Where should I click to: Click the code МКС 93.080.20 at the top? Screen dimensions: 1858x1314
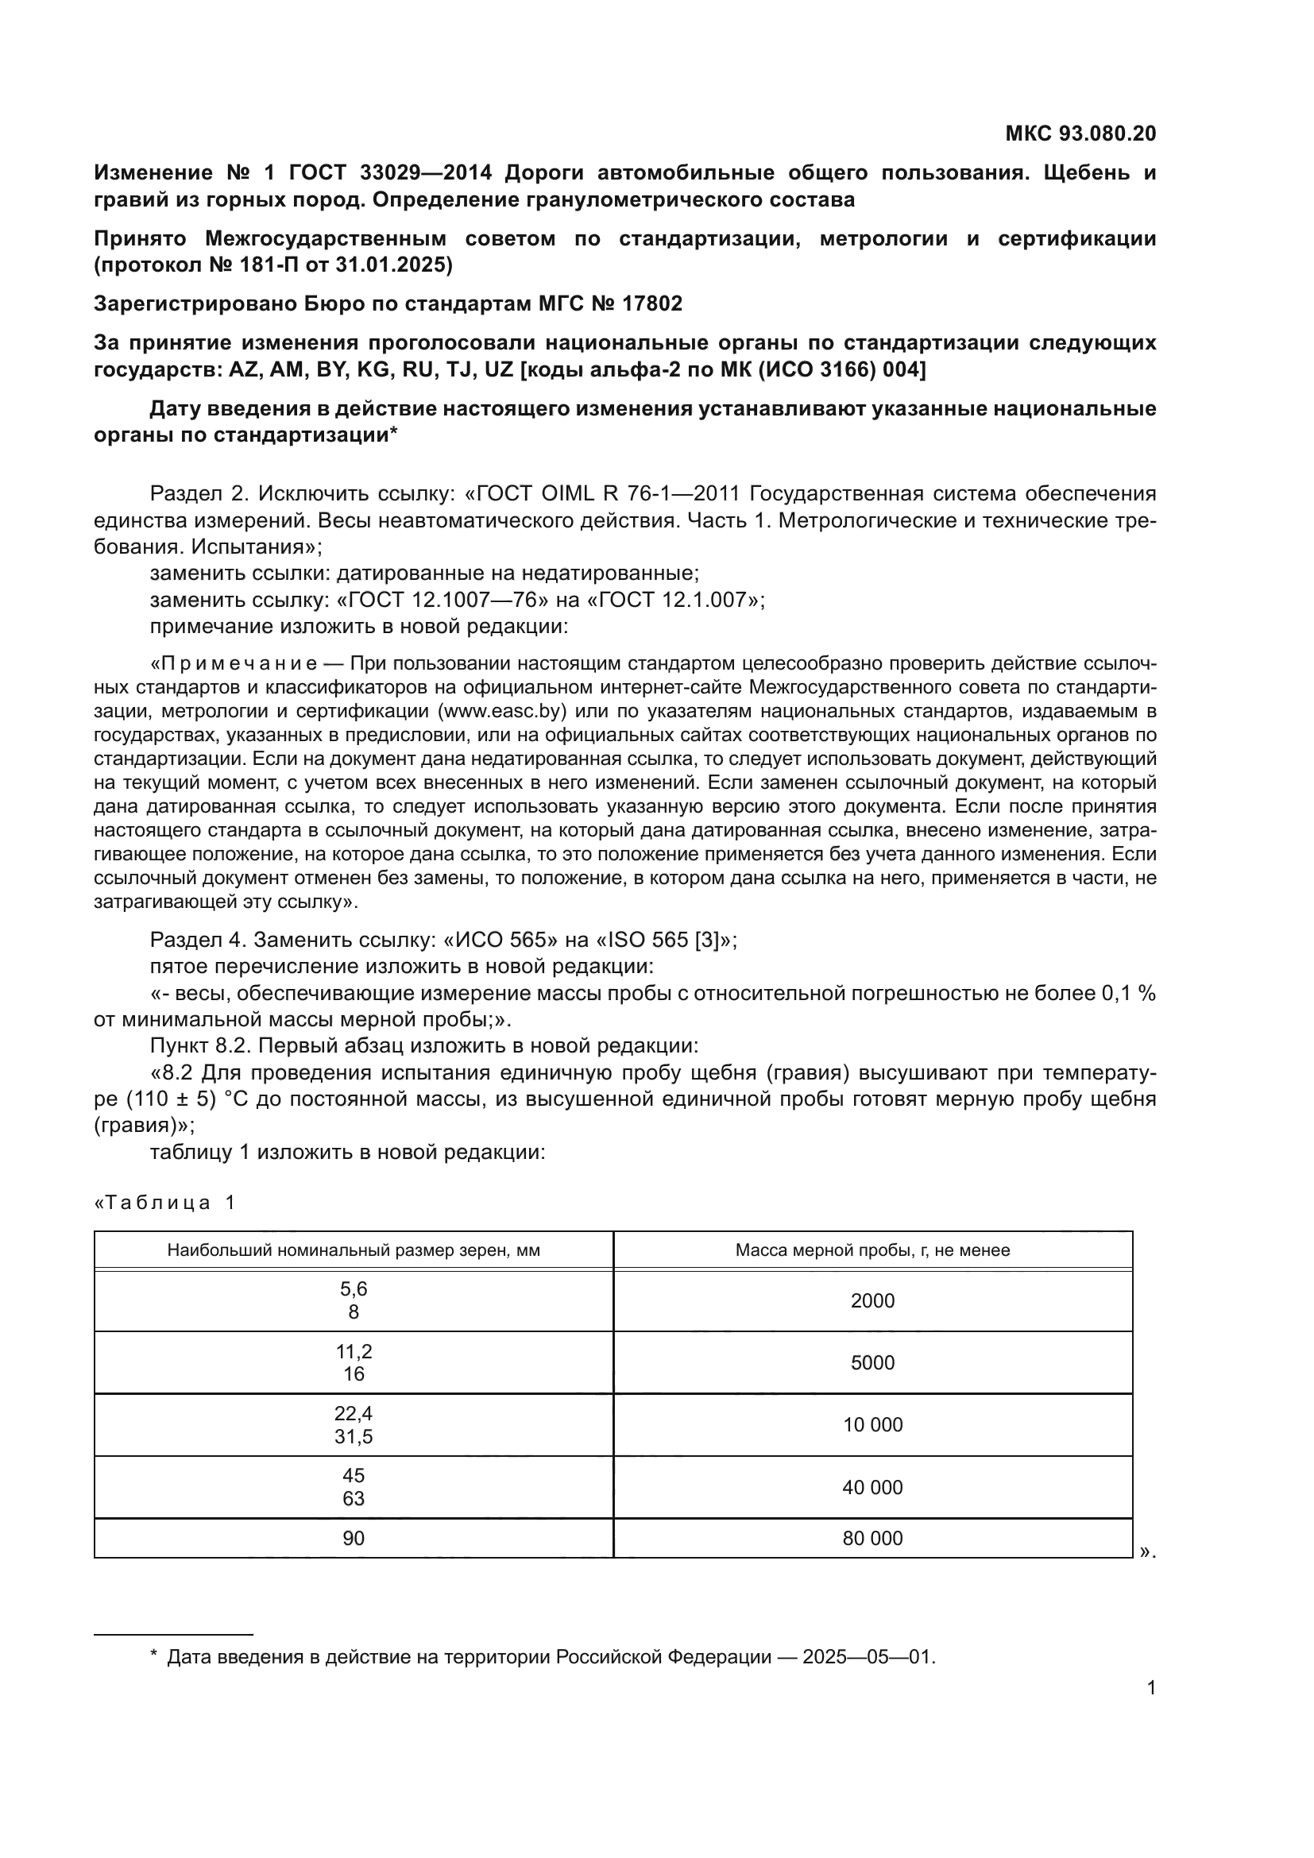coord(1080,133)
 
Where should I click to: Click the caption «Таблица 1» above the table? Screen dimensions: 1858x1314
coord(165,1203)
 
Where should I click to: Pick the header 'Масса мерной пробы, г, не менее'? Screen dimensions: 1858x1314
coord(872,1250)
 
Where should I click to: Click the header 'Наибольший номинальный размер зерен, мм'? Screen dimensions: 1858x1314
coord(354,1250)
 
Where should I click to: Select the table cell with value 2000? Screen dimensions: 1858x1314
coord(872,1300)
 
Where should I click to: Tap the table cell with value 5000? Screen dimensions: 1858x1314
coord(872,1363)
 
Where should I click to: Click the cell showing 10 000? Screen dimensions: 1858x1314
coord(872,1425)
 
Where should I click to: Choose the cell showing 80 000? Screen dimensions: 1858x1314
coord(872,1539)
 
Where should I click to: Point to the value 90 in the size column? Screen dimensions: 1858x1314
coord(354,1539)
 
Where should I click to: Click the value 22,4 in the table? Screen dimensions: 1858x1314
coord(354,1414)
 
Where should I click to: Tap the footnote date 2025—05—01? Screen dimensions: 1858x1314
coord(868,1657)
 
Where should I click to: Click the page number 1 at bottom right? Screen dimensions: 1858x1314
coord(1151,1688)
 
